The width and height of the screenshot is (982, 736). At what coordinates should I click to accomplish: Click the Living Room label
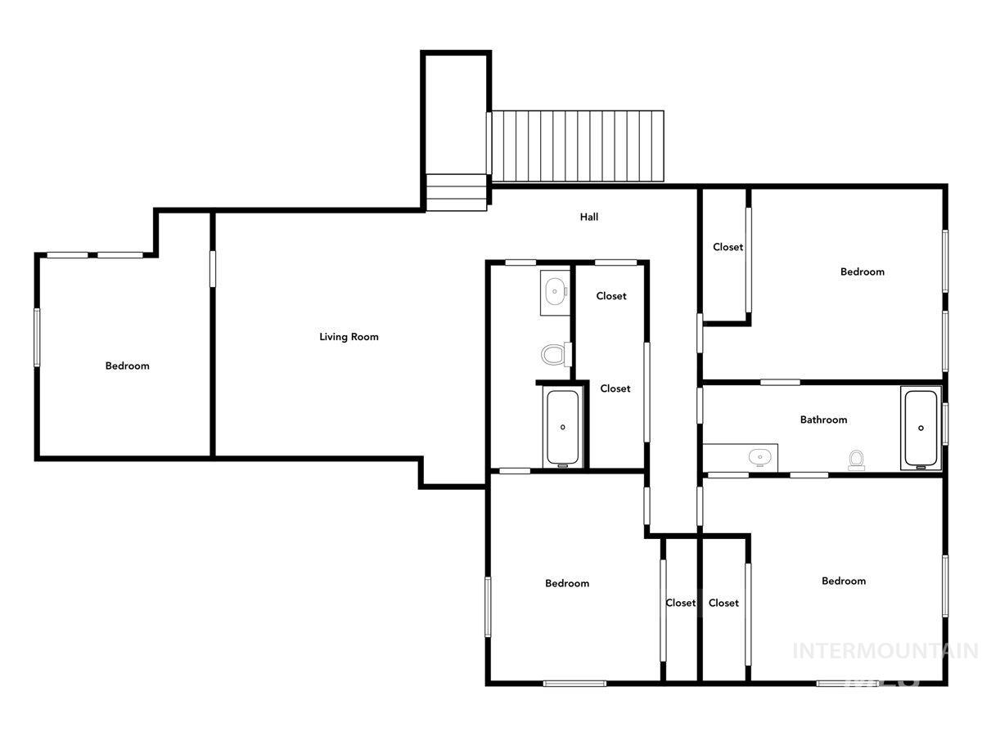click(x=349, y=337)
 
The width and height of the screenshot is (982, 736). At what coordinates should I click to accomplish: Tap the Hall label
click(x=589, y=218)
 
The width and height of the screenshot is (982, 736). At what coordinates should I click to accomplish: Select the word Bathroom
click(x=823, y=420)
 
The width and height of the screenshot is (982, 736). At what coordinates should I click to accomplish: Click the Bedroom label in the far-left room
click(x=128, y=366)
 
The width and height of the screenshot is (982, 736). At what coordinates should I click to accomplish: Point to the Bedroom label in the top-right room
click(x=863, y=272)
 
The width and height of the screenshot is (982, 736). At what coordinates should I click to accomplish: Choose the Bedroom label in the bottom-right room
click(x=844, y=581)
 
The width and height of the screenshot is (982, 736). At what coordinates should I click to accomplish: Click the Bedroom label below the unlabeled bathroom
click(x=567, y=583)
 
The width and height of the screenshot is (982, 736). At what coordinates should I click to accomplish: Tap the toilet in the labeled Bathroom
click(x=857, y=460)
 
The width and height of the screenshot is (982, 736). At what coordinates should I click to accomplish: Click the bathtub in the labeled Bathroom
click(x=921, y=428)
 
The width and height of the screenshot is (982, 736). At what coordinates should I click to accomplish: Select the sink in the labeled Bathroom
click(x=760, y=457)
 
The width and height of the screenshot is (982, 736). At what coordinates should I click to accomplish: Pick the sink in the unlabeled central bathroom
click(x=556, y=289)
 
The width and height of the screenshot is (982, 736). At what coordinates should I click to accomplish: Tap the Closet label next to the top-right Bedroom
click(x=727, y=247)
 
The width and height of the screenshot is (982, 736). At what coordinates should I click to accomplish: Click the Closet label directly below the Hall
click(x=611, y=296)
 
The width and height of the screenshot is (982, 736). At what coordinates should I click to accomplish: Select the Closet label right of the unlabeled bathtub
click(x=615, y=388)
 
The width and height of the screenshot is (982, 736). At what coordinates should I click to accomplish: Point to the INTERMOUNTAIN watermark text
click(x=885, y=651)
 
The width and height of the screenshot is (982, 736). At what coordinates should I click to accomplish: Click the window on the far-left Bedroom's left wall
click(x=37, y=337)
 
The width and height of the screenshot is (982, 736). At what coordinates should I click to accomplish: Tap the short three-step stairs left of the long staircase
click(x=457, y=192)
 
